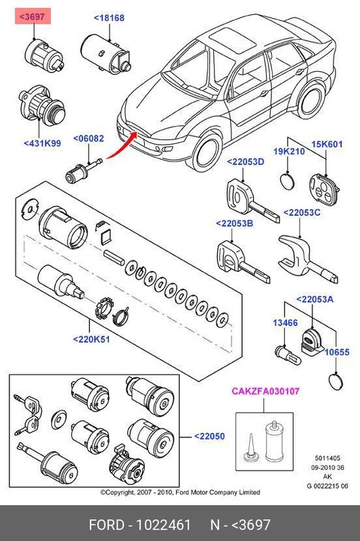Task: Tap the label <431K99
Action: coord(41,143)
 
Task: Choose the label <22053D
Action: coord(245,163)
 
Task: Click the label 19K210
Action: coord(289,151)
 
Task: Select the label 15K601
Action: coord(327,144)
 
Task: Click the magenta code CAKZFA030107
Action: coord(265,391)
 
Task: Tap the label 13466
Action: coord(286,323)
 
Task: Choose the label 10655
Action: coord(338,352)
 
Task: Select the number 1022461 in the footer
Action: coord(164,525)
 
